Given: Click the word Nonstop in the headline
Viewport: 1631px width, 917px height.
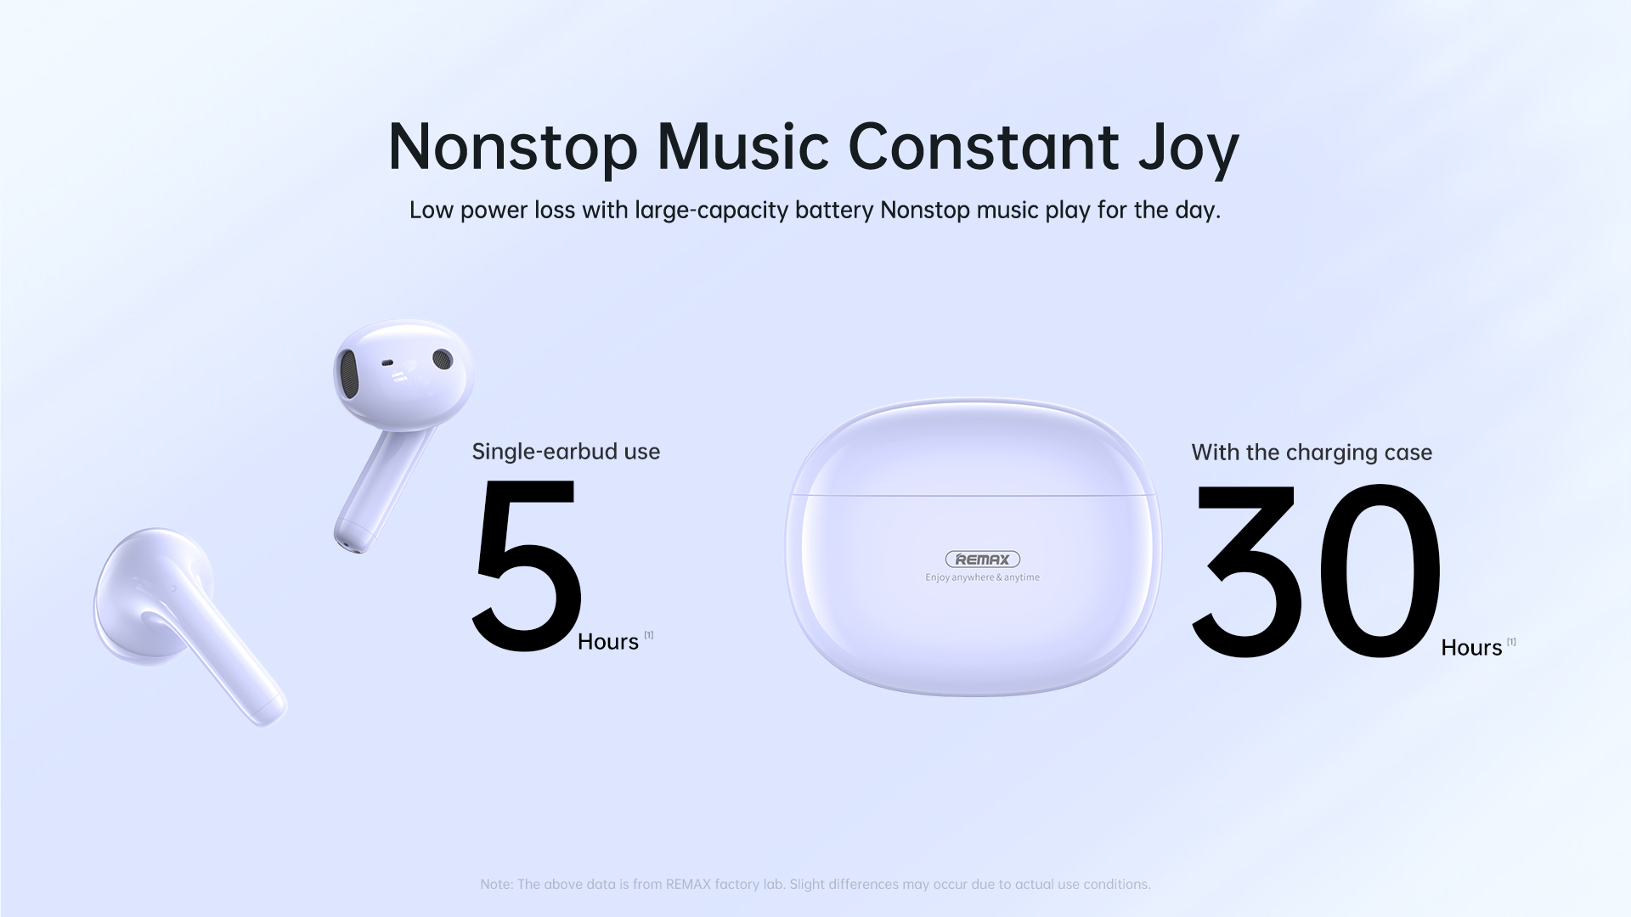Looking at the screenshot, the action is (512, 148).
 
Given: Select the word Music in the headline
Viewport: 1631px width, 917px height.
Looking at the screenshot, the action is (742, 146).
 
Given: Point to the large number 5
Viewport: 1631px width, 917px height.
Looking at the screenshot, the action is (527, 566).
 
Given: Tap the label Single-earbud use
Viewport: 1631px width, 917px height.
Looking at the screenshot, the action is (566, 452).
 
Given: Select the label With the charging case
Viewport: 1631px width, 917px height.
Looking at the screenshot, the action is (1312, 453).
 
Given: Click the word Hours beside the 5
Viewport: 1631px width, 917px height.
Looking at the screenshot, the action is (608, 642).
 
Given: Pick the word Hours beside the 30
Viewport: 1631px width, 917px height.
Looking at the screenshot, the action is (1471, 648).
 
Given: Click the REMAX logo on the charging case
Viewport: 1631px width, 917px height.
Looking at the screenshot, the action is (983, 560).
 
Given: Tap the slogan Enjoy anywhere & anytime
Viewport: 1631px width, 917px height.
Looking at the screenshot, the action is (982, 577).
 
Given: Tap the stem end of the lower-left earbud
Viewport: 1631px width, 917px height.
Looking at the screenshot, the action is (270, 709).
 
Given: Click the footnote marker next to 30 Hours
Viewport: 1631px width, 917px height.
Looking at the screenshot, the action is (1511, 642).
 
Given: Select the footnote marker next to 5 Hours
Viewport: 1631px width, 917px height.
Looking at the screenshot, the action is (649, 635).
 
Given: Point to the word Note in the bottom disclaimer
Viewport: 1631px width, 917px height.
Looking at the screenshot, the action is (496, 885).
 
